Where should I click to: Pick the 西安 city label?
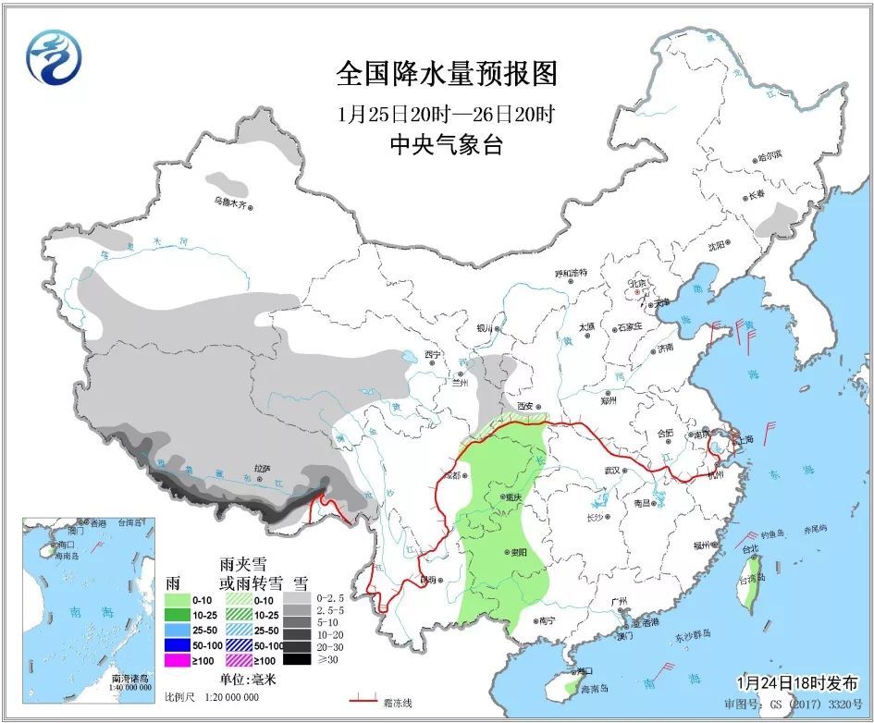(529, 406)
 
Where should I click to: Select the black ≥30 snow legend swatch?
(296, 659)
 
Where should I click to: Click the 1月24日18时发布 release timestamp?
(795, 682)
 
